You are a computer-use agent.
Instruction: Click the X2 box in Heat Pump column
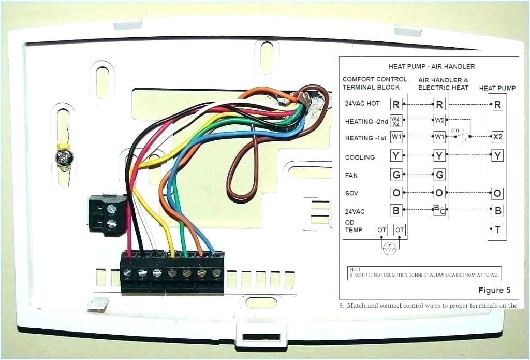click(497, 137)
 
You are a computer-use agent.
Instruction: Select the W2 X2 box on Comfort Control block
click(396, 121)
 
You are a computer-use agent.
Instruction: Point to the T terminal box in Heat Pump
click(497, 229)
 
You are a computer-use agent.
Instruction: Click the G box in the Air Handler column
click(439, 175)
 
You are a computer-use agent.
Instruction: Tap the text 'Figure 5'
click(494, 290)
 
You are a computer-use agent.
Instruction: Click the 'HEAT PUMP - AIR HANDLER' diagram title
click(432, 66)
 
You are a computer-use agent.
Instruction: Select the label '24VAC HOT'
click(362, 104)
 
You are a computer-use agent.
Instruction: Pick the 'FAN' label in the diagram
click(351, 176)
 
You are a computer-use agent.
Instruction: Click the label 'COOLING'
click(360, 157)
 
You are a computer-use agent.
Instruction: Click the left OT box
click(381, 229)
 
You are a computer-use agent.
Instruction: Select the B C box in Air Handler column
click(439, 211)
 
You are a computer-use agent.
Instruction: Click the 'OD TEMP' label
click(354, 226)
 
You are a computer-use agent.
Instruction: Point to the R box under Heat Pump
click(497, 105)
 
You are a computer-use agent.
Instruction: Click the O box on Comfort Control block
click(396, 193)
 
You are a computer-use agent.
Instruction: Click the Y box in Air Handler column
click(439, 155)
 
